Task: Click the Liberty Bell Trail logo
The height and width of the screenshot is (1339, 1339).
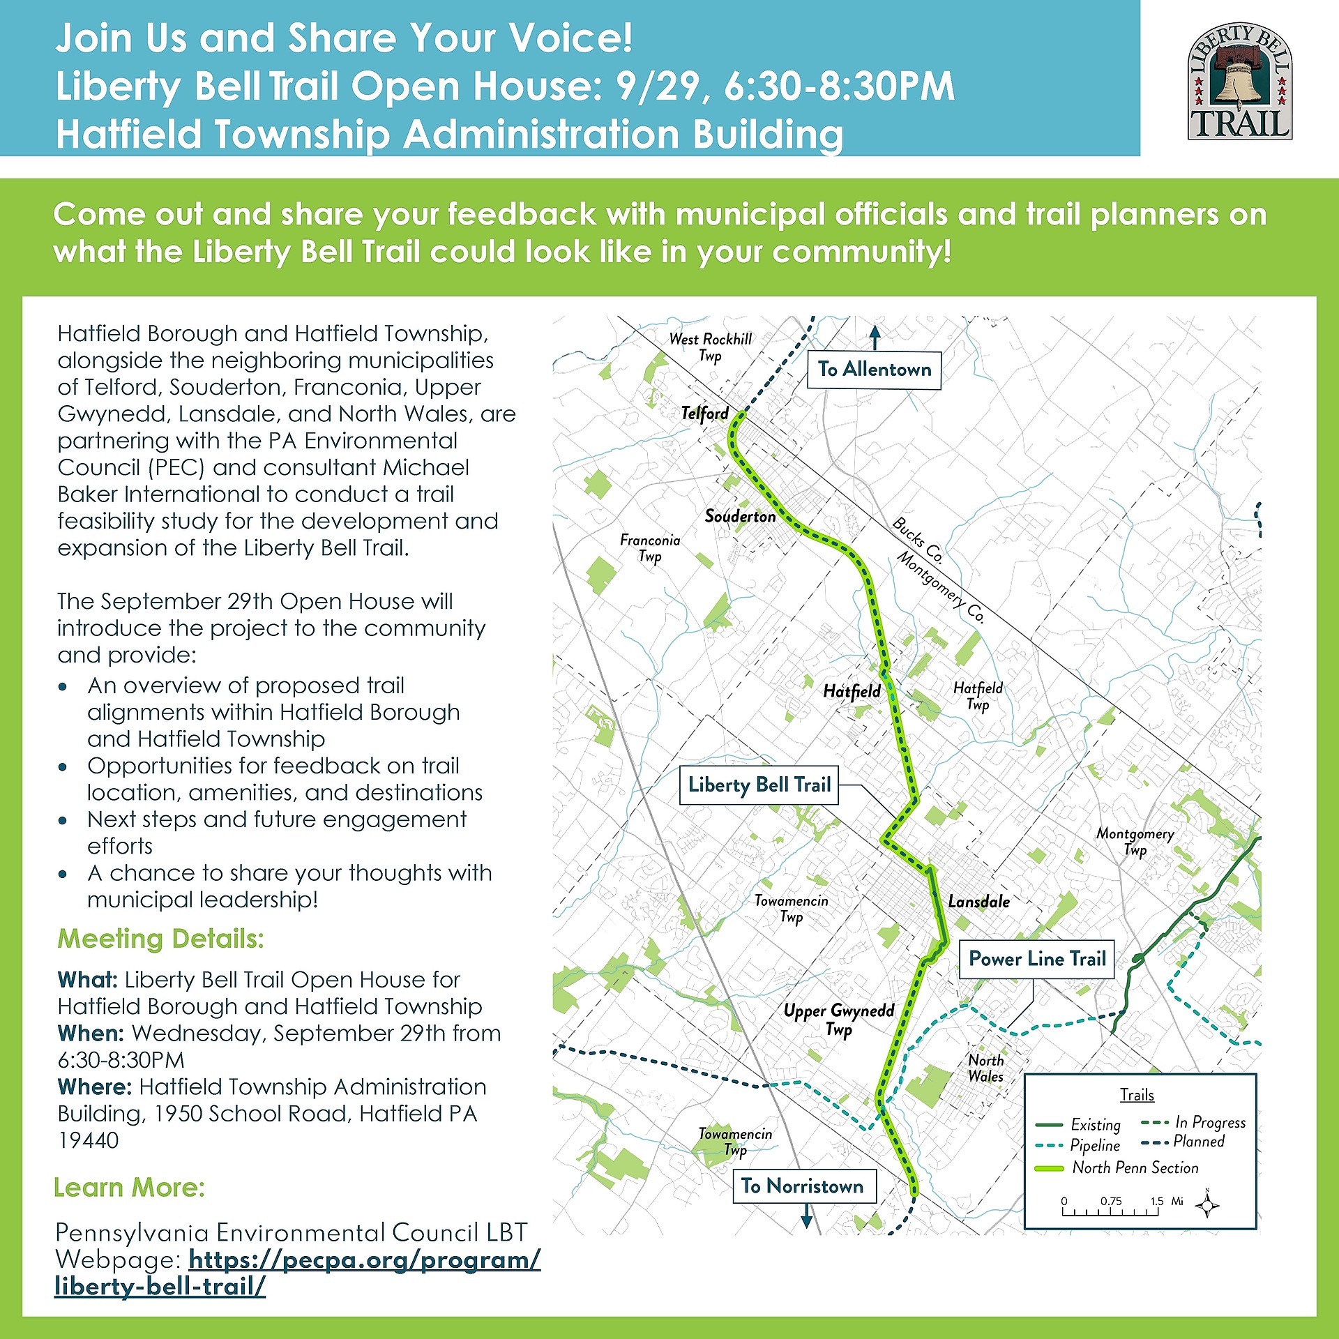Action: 1240,81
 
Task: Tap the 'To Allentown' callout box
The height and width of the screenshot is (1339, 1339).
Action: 874,370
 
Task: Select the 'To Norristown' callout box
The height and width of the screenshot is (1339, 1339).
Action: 803,1186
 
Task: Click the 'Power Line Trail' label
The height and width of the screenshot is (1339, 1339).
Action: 1037,959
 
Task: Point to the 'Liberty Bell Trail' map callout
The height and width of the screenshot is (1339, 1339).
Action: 759,785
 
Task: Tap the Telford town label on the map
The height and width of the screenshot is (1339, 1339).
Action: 704,414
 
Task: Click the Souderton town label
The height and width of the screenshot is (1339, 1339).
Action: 740,516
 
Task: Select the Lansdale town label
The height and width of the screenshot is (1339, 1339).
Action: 978,902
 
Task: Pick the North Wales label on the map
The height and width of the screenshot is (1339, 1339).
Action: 985,1068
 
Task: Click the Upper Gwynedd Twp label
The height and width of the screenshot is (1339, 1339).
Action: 839,1020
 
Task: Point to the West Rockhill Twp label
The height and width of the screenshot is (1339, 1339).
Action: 711,347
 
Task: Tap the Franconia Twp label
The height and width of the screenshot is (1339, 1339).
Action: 650,547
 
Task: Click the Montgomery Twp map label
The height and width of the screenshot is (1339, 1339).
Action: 1135,841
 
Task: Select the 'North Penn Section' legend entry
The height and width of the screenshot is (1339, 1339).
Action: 1135,1167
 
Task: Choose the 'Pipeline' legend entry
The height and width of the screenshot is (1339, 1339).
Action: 1094,1145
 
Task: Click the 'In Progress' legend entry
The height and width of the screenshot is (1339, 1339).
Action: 1209,1122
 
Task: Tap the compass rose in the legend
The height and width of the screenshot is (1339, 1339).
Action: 1207,1205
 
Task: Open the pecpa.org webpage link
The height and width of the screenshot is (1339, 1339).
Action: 298,1273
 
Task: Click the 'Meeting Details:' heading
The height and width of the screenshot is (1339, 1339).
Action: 161,939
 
